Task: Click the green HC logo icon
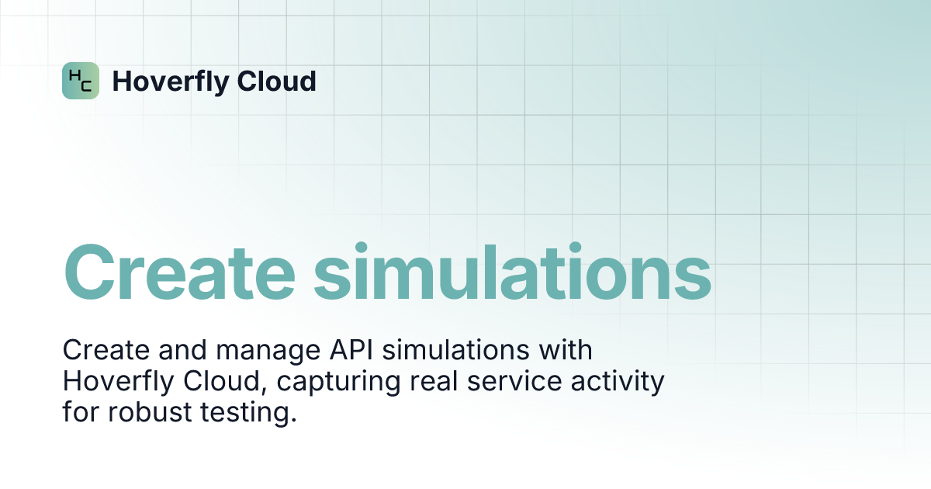pos(81,81)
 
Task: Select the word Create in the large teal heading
pos(179,273)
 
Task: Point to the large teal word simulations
pos(512,273)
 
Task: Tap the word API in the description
pos(334,351)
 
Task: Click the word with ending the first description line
pos(566,351)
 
